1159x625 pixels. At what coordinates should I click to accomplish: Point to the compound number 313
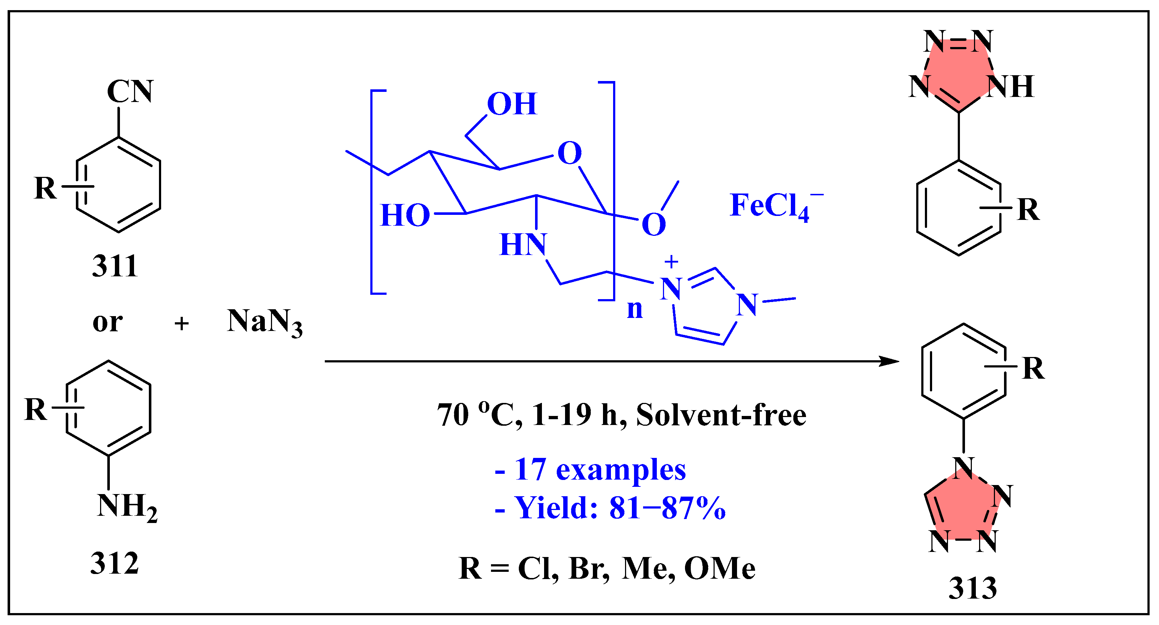[x=973, y=588]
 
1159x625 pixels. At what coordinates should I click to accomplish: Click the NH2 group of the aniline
[x=127, y=507]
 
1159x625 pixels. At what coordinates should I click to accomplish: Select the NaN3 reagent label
[x=264, y=322]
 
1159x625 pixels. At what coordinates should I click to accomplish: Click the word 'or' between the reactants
[x=108, y=322]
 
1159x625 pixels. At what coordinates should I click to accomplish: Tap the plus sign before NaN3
[x=181, y=324]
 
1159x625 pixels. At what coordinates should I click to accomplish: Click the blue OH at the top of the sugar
[x=512, y=104]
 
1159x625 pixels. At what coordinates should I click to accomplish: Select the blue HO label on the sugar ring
[x=405, y=215]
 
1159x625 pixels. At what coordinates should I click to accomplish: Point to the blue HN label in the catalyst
[x=523, y=245]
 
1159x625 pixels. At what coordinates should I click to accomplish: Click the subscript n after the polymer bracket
[x=634, y=309]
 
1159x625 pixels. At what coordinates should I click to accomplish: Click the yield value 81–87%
[x=667, y=508]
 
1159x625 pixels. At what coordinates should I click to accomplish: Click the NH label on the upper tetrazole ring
[x=1010, y=86]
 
